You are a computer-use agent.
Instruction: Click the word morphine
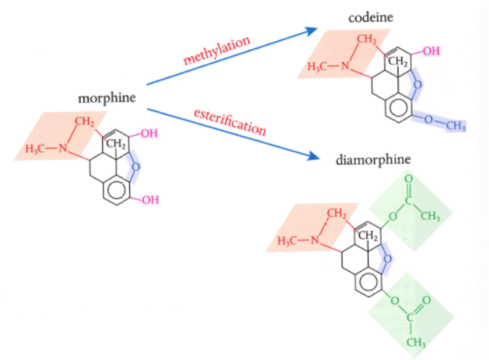tap(107, 99)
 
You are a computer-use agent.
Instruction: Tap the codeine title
tap(370, 18)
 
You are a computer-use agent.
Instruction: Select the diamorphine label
tap(373, 159)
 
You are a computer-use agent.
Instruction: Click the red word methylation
tap(217, 51)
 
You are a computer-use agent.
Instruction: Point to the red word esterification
tap(230, 121)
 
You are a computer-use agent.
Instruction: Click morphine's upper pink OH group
tap(149, 134)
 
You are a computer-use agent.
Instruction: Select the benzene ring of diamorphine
tap(369, 283)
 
